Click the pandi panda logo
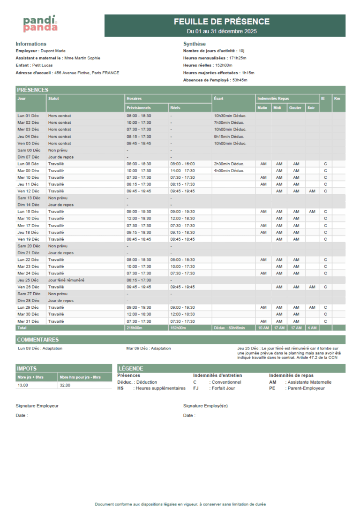point(40,23)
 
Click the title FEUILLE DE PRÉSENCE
point(222,22)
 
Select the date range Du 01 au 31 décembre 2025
point(222,31)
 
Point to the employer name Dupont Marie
point(53,51)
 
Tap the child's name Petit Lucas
point(43,65)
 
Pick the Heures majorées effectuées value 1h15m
point(248,73)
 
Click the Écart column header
point(218,99)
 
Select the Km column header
point(337,99)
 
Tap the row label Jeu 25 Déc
point(28,280)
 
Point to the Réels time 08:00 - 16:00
point(182,164)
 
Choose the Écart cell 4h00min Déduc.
point(229,171)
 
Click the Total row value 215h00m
point(135,328)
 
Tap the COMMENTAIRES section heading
point(38,339)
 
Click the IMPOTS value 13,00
point(22,385)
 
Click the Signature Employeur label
point(37,406)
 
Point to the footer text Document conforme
point(180,504)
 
